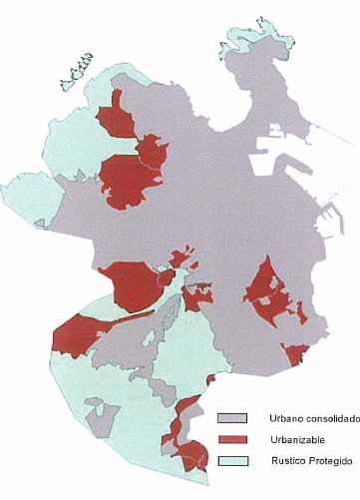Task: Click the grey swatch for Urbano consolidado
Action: click(x=232, y=417)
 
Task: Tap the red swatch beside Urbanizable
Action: click(x=232, y=439)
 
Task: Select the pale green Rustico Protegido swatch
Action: click(x=232, y=461)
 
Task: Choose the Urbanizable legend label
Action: click(x=295, y=439)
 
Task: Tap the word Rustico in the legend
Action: click(x=286, y=461)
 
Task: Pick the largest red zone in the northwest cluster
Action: click(x=129, y=180)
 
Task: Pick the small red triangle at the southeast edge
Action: click(x=295, y=352)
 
